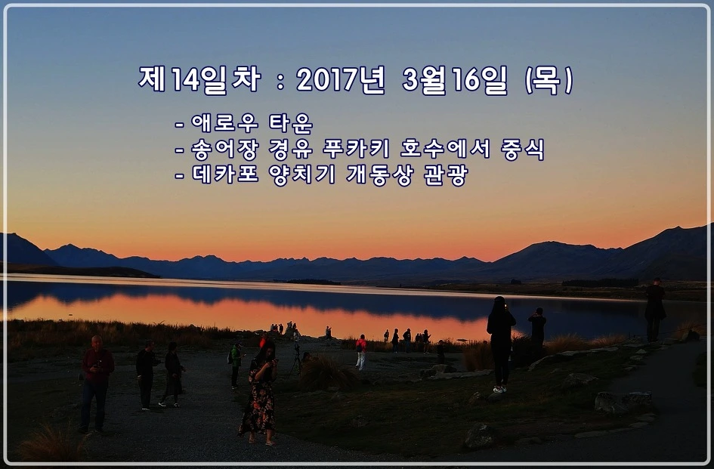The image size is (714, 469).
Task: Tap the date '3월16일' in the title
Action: tap(456, 80)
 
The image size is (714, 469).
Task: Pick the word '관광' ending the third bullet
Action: tap(447, 175)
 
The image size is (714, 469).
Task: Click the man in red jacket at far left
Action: tap(96, 381)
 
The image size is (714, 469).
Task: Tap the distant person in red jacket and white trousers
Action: tap(361, 352)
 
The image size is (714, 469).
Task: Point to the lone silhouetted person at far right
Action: tap(654, 310)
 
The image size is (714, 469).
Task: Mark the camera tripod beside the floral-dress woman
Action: tap(296, 362)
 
